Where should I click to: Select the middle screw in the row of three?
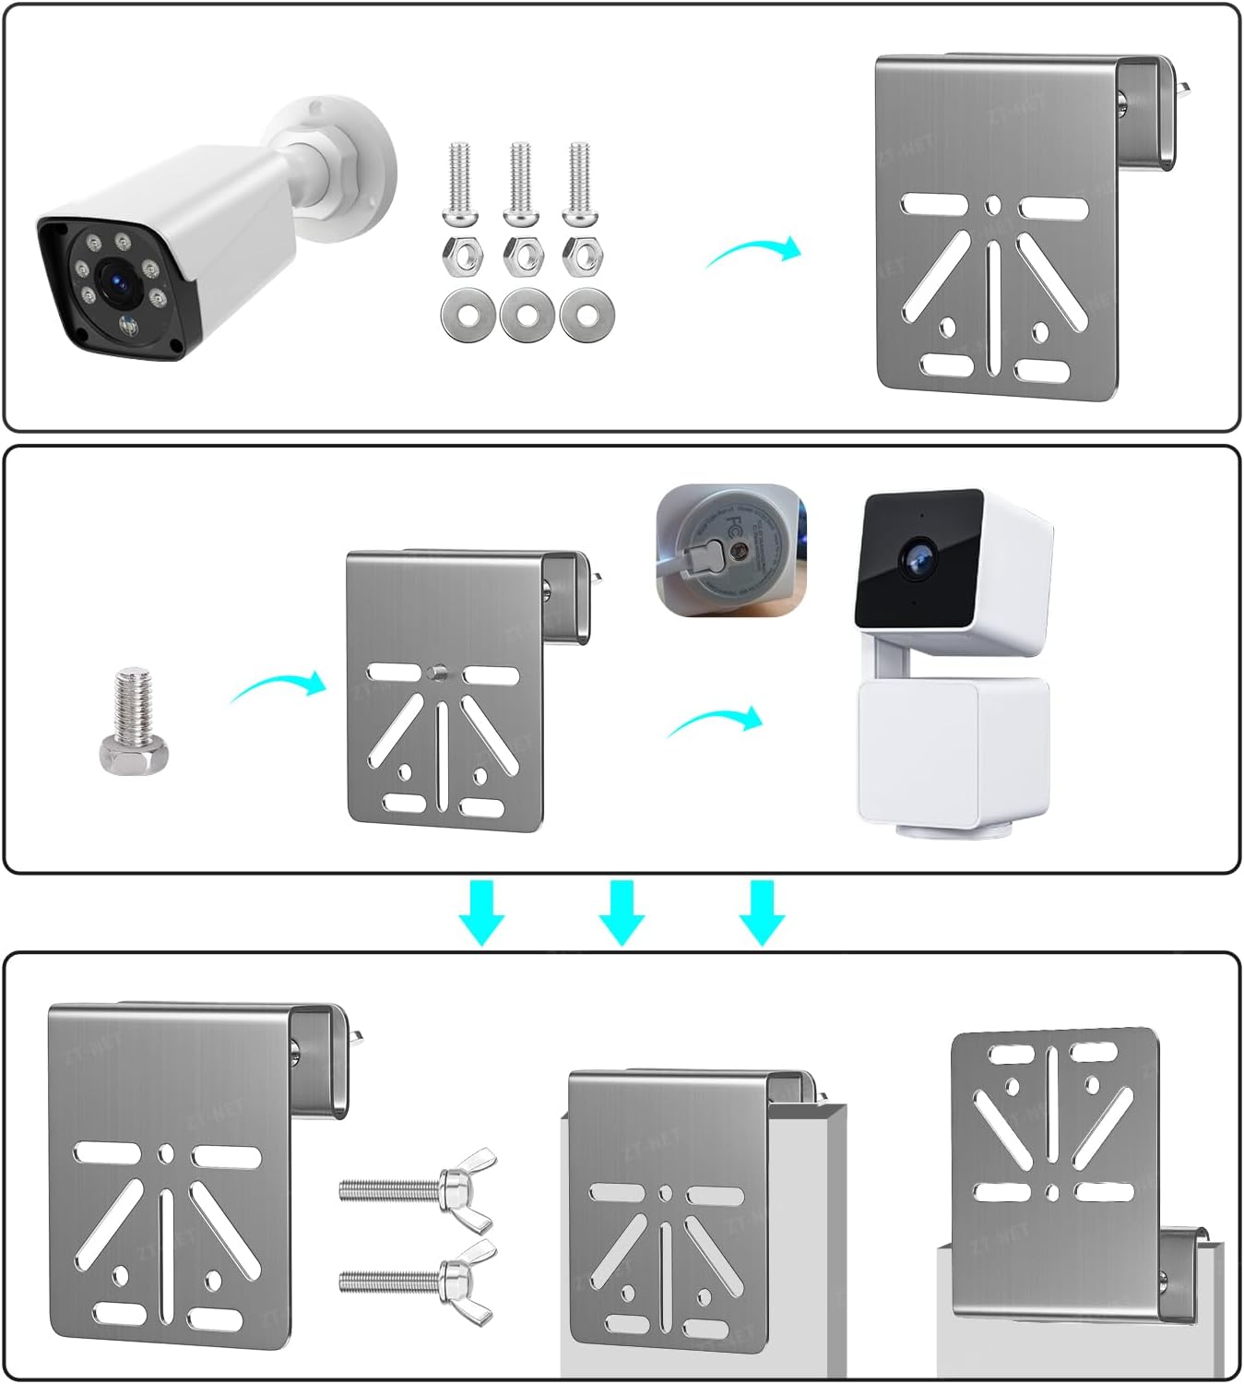click(520, 185)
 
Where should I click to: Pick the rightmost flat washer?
click(584, 314)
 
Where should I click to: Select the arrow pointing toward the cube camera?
click(716, 722)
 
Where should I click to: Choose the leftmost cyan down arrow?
click(481, 912)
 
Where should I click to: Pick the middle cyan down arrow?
click(622, 912)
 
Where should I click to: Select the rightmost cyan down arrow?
click(762, 912)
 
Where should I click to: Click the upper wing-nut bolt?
click(420, 1186)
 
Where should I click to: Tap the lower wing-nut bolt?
click(420, 1279)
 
